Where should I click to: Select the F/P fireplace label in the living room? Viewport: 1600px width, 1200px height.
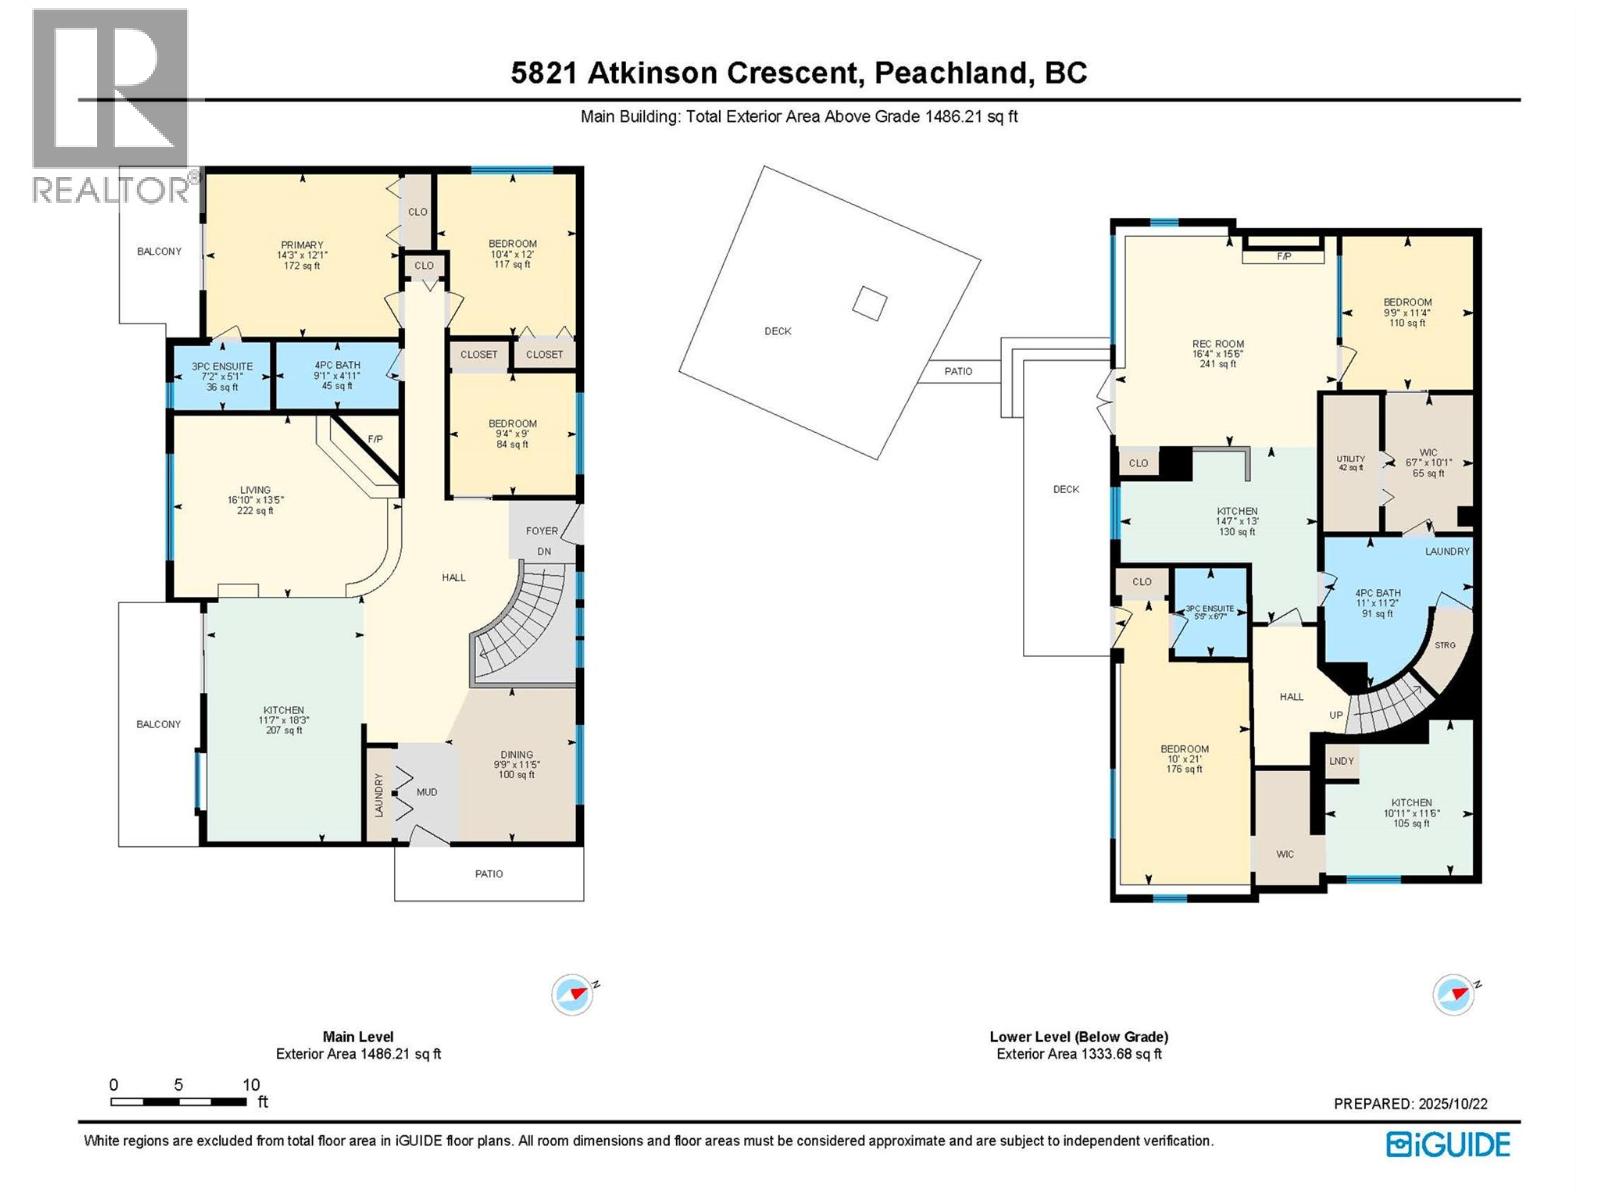(x=375, y=439)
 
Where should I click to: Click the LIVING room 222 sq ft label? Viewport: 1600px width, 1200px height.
(x=255, y=500)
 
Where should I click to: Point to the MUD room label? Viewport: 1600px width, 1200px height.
(x=427, y=792)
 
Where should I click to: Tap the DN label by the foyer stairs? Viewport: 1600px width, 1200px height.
(x=544, y=551)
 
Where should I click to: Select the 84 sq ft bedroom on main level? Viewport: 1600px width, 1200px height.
(x=512, y=434)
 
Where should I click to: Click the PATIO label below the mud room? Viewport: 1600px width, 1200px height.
(x=489, y=874)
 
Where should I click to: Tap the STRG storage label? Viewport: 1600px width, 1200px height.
(x=1445, y=646)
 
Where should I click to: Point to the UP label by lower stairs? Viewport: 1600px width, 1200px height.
(x=1336, y=716)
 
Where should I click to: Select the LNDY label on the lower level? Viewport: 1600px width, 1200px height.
(x=1342, y=761)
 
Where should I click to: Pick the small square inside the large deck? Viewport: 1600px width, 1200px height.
(x=870, y=303)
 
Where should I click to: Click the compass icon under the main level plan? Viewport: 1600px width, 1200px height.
(x=572, y=995)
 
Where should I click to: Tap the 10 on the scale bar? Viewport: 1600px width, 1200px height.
(x=251, y=1084)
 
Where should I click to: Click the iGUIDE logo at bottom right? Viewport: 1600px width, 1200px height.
(x=1448, y=1144)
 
